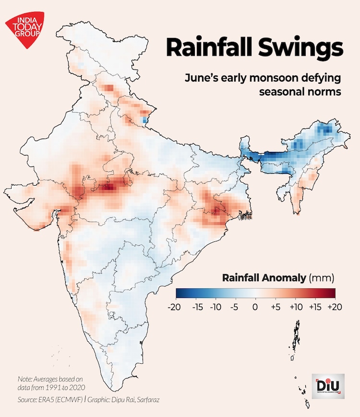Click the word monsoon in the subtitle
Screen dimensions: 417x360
(x=279, y=78)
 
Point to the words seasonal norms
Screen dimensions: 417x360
(x=300, y=91)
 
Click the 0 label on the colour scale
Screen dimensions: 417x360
(x=255, y=307)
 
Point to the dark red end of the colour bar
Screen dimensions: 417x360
(x=331, y=293)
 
